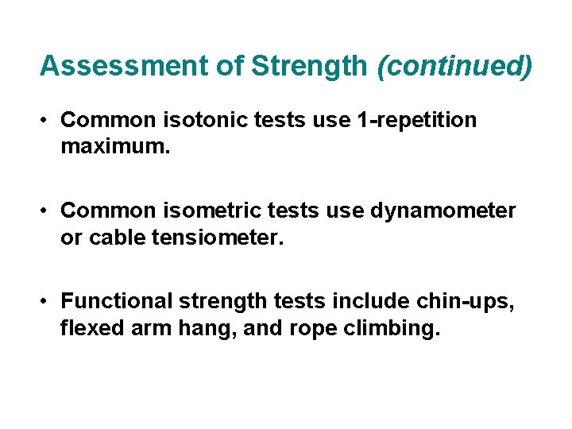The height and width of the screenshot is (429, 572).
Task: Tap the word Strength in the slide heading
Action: tap(311, 66)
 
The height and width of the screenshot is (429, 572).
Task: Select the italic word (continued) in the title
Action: tap(454, 66)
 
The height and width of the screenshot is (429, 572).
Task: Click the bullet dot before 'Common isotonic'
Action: tap(48, 120)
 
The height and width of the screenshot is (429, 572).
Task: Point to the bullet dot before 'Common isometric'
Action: tap(48, 211)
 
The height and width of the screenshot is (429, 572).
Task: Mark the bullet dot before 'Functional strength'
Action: tap(48, 301)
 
